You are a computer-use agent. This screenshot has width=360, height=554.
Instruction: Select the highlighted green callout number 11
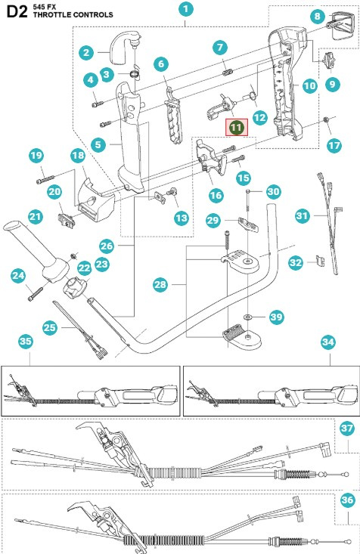[x=237, y=128]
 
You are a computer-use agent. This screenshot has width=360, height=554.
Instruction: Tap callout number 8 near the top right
[x=318, y=16]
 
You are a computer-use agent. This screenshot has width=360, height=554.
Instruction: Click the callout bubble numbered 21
[x=36, y=216]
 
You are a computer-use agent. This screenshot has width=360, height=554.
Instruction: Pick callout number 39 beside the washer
[x=277, y=316]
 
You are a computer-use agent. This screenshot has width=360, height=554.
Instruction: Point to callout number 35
[x=26, y=341]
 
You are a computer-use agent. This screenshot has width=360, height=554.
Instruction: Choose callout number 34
[x=327, y=342]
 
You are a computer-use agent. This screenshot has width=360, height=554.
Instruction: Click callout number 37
[x=347, y=429]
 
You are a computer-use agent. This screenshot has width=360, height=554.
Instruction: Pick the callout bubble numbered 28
[x=159, y=285]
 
